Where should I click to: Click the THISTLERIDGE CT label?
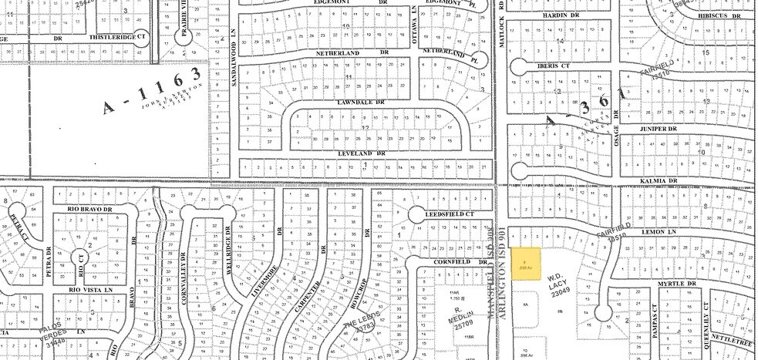118,35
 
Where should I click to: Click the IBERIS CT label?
549,67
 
